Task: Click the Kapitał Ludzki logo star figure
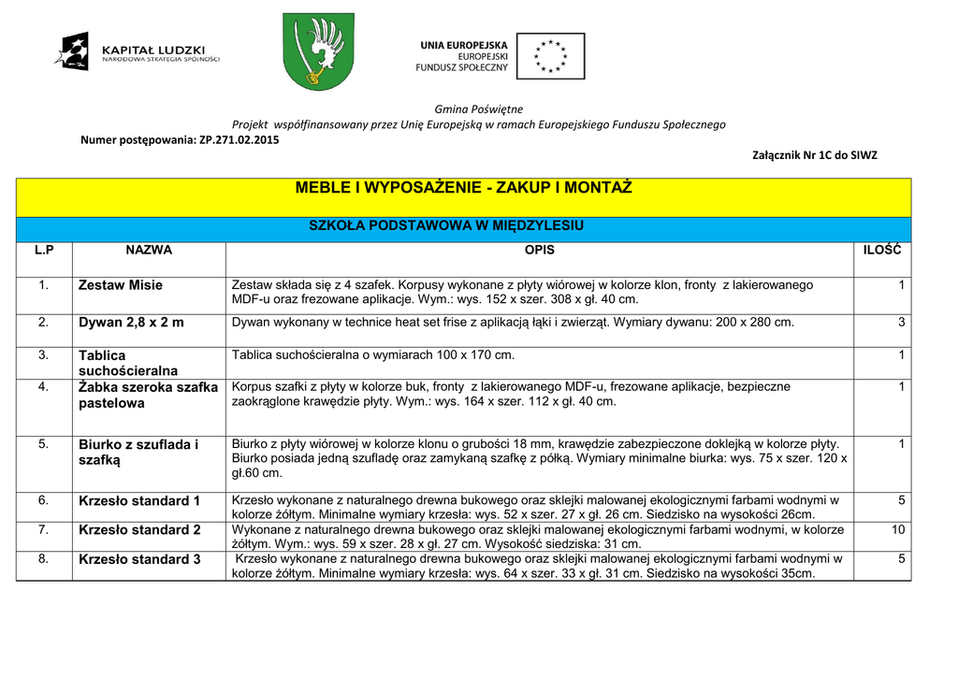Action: coord(73,50)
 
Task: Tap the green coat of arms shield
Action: coord(319,51)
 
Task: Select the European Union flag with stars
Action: coord(550,56)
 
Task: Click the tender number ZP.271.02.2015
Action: coord(239,140)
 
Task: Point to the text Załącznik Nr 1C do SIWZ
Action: coord(815,155)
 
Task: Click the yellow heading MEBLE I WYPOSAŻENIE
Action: coord(463,188)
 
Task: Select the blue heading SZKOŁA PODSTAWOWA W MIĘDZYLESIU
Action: coord(446,226)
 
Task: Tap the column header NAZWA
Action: coord(149,251)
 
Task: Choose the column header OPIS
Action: coord(540,251)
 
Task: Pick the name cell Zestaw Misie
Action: coord(121,285)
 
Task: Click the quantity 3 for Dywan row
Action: coord(901,323)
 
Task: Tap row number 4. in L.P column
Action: coord(44,386)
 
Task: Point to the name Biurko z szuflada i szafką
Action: coord(138,453)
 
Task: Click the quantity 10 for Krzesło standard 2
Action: coord(898,530)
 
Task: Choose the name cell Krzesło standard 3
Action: coord(139,559)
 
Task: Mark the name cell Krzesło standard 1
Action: coord(139,501)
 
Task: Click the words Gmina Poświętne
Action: coord(479,109)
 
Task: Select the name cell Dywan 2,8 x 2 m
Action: coord(131,323)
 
